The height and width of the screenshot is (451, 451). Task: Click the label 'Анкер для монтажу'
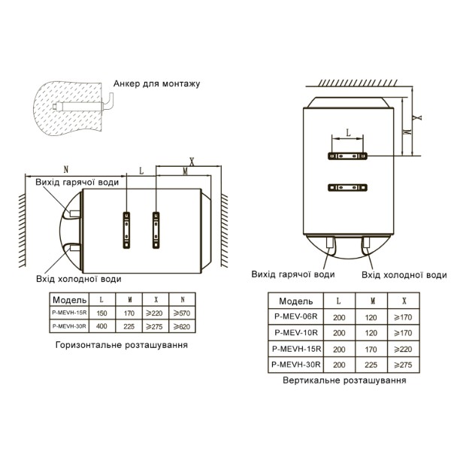156,83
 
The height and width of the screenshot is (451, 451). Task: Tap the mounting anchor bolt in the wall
83,105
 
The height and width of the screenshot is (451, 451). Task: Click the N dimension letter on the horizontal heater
66,169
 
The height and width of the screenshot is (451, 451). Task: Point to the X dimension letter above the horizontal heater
192,162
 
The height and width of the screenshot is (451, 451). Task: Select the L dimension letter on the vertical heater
348,133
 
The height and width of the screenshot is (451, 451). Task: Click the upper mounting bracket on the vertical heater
347,156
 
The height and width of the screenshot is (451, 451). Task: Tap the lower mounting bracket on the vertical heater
347,188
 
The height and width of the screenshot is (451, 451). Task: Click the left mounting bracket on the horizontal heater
126,230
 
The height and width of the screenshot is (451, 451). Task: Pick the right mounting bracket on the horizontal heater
156,230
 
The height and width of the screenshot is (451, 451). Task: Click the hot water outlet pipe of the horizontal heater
74,213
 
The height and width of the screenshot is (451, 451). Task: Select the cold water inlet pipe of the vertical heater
366,242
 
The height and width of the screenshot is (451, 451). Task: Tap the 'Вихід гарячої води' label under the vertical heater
293,274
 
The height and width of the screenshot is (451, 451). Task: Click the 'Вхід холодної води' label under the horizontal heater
78,279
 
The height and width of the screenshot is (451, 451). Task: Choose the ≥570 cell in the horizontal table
182,313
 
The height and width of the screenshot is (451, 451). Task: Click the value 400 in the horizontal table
101,326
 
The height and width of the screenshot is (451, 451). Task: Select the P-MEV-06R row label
295,316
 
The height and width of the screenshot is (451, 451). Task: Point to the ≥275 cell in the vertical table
403,365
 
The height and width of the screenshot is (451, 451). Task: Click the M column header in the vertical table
371,301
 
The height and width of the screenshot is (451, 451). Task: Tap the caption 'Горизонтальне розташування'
121,345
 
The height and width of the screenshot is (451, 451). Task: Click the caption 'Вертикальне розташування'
344,380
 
